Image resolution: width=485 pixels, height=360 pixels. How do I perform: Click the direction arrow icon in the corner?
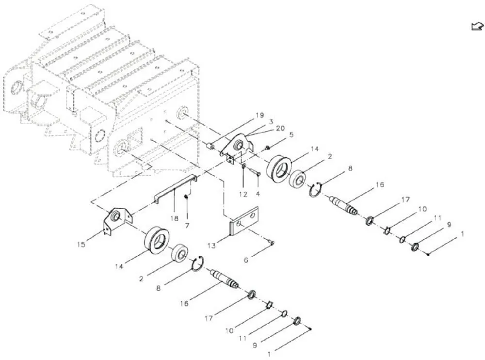coord(477,27)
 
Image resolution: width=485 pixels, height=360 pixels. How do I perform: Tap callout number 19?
coord(260,115)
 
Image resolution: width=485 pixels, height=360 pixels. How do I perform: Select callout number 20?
coord(280,128)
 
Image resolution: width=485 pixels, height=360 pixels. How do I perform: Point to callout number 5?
coord(291,135)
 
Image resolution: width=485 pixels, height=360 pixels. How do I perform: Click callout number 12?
coord(243,195)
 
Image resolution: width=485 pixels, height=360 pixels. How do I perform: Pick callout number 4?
coord(258,194)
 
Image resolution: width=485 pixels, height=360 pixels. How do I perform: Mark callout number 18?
coord(175,218)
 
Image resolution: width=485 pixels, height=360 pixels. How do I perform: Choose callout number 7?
coord(187,226)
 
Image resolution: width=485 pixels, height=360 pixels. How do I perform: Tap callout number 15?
coord(81,245)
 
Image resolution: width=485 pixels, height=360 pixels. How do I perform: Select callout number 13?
coord(211,246)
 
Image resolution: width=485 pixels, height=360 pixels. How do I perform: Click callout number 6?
coord(246,260)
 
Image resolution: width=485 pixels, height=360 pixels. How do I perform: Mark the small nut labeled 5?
coord(268,148)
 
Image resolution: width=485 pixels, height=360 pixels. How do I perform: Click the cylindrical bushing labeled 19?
coord(210,146)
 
